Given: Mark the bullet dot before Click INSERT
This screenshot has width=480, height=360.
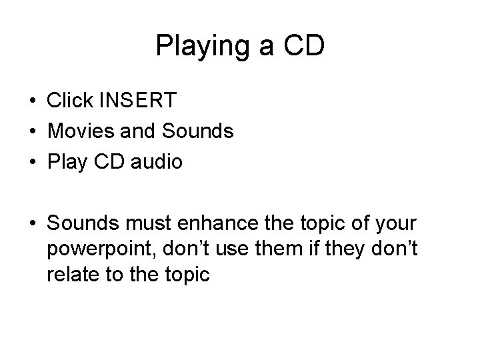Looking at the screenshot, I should coord(33,101).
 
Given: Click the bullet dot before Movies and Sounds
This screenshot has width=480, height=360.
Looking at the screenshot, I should coord(33,132).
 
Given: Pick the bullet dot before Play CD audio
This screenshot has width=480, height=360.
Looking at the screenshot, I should coord(33,163).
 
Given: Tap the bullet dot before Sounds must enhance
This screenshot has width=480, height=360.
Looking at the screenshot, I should coord(33,223).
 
